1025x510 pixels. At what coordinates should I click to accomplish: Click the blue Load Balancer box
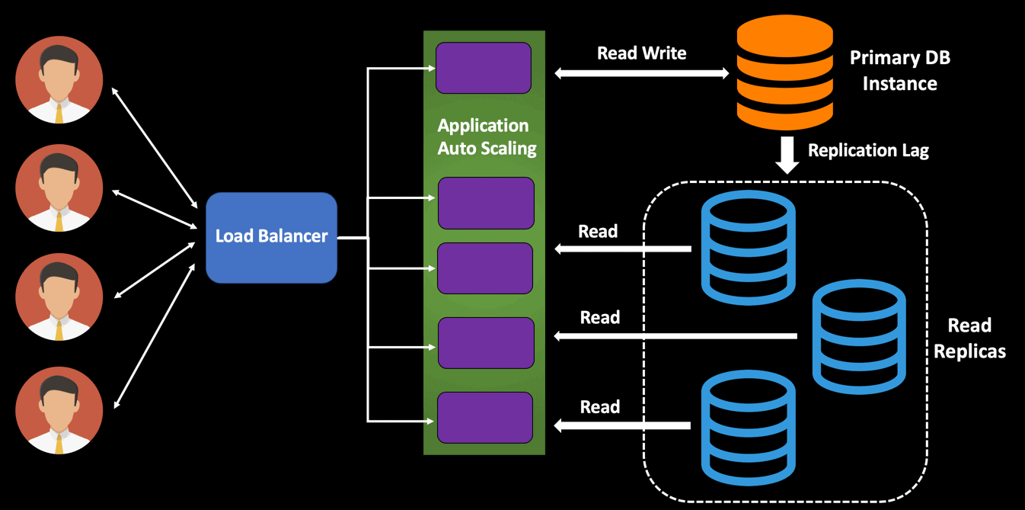coord(271,237)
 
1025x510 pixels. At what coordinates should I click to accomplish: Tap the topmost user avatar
coord(59,79)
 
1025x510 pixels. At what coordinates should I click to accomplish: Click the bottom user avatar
coord(59,410)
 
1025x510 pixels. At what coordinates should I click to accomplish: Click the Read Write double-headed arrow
coord(641,73)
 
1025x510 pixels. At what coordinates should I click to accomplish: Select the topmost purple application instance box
coord(484,68)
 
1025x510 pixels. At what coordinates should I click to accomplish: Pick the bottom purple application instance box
coord(485,418)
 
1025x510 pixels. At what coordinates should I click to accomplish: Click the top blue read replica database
coord(748,248)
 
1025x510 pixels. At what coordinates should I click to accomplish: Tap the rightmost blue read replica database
coord(859,336)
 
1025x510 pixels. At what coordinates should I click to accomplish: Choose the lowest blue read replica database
coord(748,427)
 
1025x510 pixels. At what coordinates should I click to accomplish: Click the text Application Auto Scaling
coord(486,136)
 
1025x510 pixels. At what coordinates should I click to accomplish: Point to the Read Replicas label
coord(969,338)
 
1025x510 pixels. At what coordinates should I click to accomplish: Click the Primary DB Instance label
coord(899,70)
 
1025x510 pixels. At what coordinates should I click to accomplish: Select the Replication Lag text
coord(868,150)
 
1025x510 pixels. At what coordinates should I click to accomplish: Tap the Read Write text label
coord(641,53)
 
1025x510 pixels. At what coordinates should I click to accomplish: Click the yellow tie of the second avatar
coord(59,221)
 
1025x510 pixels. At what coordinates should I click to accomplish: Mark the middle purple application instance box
coord(485,268)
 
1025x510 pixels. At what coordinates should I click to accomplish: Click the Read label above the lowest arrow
coord(599,407)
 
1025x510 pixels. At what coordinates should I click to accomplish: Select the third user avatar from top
coord(59,297)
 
